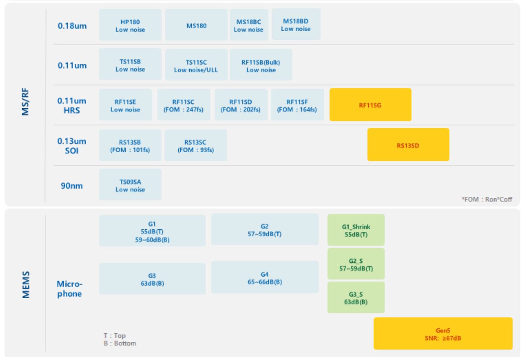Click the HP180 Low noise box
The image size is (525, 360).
click(x=130, y=24)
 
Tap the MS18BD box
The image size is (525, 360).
click(x=296, y=24)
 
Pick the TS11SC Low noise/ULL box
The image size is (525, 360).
click(x=196, y=65)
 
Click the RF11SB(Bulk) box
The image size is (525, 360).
click(x=261, y=65)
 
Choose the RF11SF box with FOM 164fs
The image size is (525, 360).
click(x=297, y=105)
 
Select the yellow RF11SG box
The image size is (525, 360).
click(x=370, y=105)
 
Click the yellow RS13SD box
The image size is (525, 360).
click(x=408, y=145)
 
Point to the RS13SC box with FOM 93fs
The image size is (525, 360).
click(x=195, y=146)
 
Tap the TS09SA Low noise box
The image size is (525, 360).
click(x=130, y=185)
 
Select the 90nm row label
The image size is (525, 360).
click(x=72, y=186)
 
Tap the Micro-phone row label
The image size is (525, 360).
click(x=69, y=289)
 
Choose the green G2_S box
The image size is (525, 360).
click(x=355, y=264)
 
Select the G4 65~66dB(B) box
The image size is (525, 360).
click(x=264, y=278)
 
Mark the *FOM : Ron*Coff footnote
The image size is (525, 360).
click(x=487, y=199)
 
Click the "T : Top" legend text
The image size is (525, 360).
click(x=115, y=336)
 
